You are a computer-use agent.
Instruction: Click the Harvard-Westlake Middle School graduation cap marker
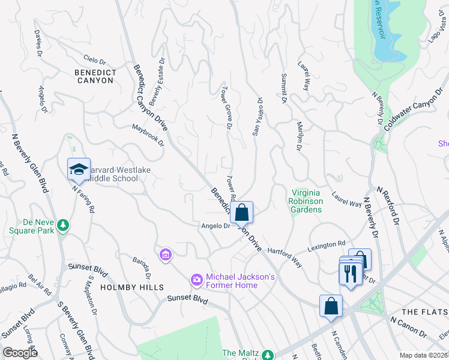point(79,170)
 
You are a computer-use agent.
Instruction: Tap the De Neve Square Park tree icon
point(62,226)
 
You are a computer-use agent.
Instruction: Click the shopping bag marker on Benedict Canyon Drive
point(241,212)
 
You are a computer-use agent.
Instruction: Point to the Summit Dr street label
point(283,88)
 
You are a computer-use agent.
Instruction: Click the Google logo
point(20,353)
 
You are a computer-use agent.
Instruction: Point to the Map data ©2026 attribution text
point(423,355)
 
